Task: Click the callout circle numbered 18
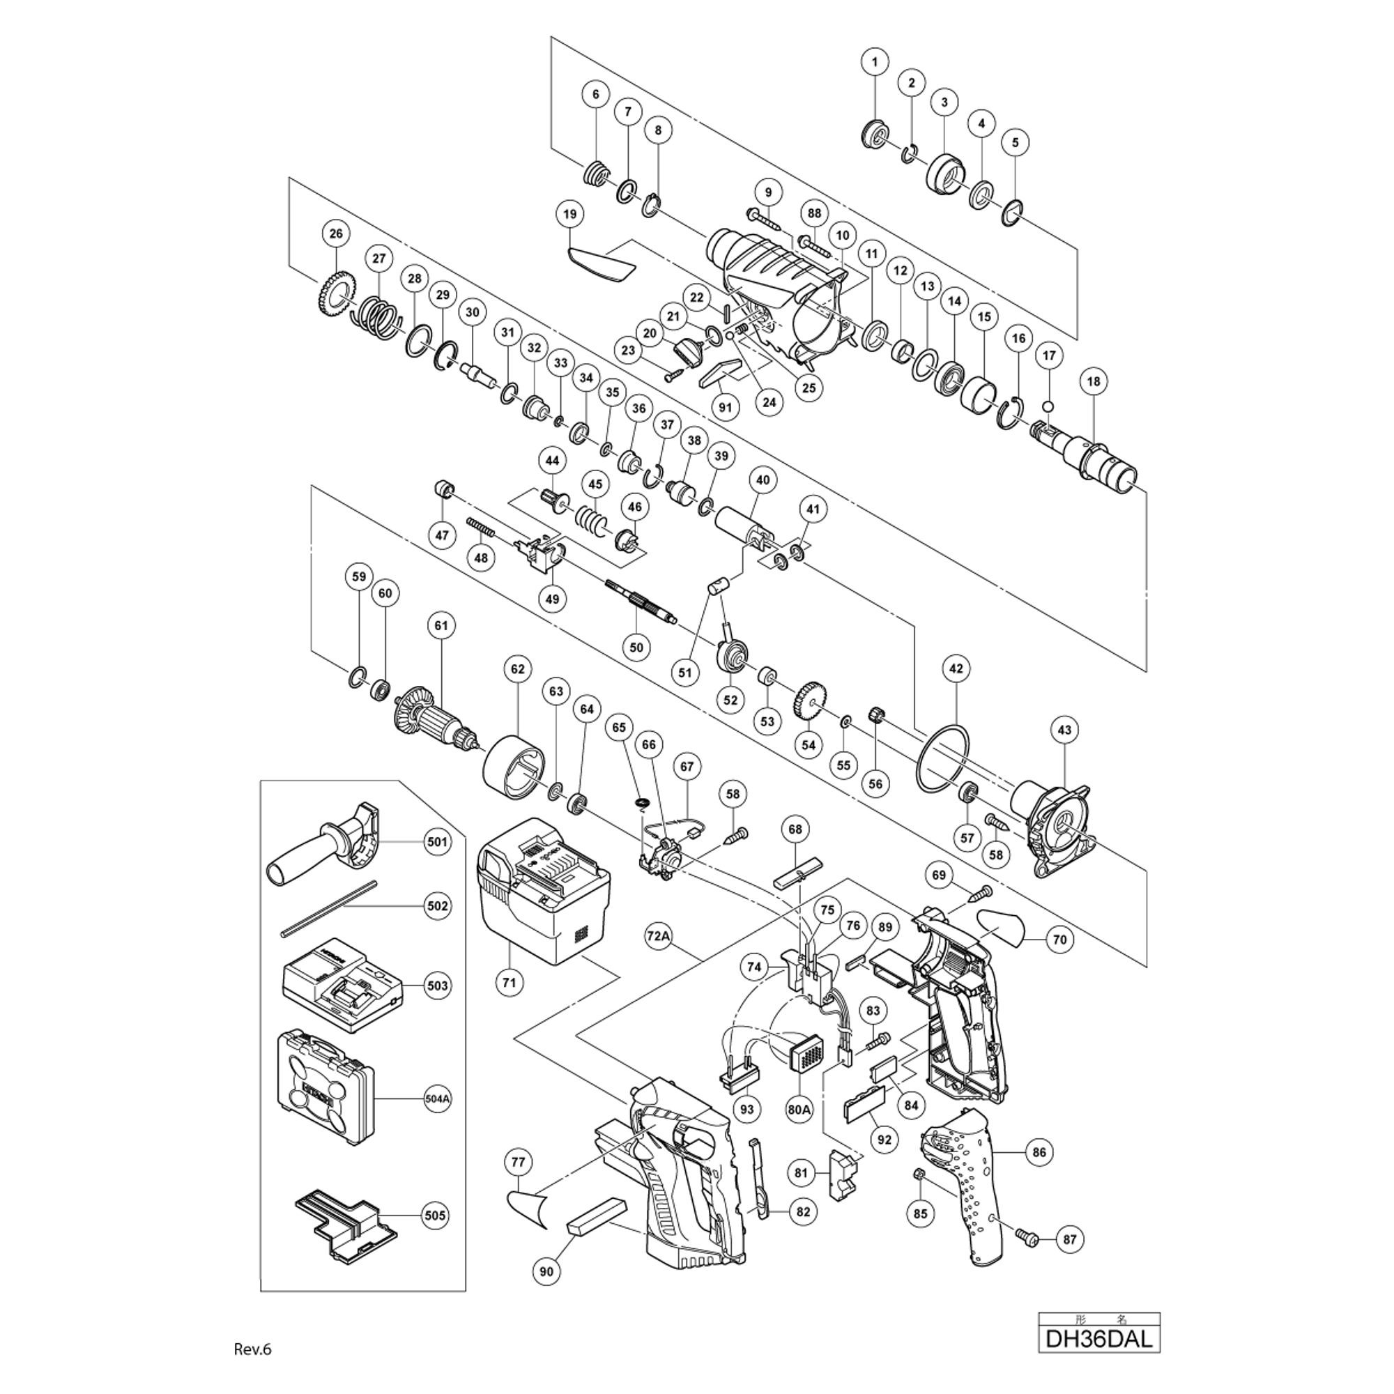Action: click(x=1093, y=381)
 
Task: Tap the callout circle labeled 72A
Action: click(x=659, y=937)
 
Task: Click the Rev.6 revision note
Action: click(x=252, y=1349)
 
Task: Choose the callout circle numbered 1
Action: click(x=875, y=63)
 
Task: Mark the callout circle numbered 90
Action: click(x=547, y=1291)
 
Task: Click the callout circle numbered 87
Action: click(x=1069, y=1239)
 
